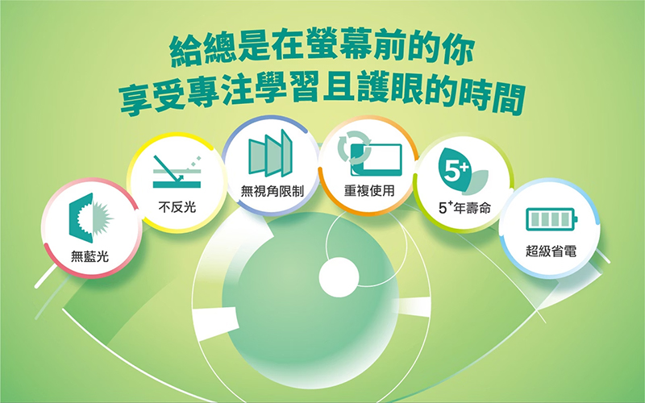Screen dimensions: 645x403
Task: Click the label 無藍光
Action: tap(89, 256)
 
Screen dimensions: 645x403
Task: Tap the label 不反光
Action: tap(177, 207)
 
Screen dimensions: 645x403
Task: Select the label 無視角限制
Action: tap(272, 191)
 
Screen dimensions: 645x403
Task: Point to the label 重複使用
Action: tap(369, 190)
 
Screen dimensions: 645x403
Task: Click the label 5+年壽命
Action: tap(464, 208)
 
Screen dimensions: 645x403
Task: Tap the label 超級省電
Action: tap(551, 251)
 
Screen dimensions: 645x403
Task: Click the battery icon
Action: tap(551, 219)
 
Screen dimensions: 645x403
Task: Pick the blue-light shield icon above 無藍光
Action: tap(91, 218)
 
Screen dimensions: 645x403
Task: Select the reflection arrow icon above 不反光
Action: tap(177, 172)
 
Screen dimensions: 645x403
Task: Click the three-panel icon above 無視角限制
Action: tap(270, 153)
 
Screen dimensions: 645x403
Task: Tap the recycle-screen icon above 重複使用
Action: tap(369, 153)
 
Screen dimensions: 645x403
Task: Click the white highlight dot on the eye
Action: tap(339, 276)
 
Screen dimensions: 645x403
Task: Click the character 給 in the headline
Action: tap(186, 52)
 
